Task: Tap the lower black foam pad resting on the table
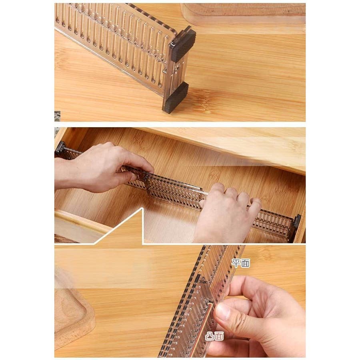176,98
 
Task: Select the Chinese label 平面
240,263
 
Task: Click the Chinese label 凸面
214,336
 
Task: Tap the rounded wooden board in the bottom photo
74,317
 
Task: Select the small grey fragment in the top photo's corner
57,116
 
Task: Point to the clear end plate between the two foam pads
176,71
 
